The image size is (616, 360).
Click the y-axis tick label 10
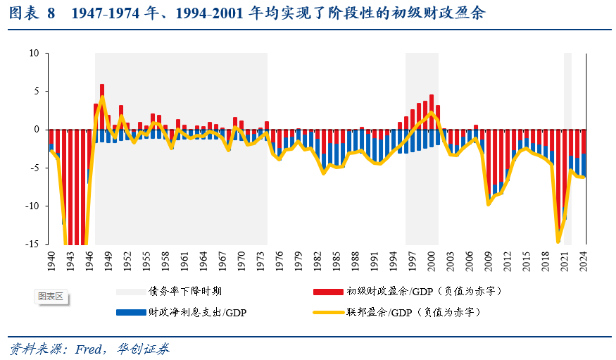coord(33,53)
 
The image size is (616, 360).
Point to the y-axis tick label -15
coord(31,244)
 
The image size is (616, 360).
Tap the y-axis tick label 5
coord(35,92)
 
